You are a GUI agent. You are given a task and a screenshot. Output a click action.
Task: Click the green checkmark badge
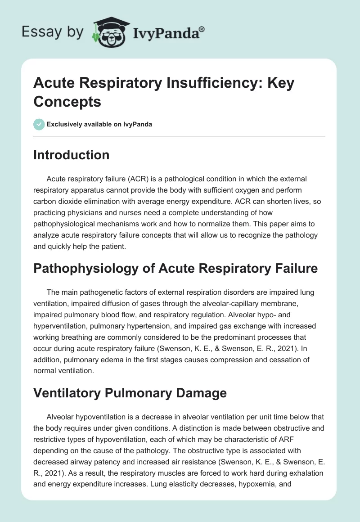click(39, 124)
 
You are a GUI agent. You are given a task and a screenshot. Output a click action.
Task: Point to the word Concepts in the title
click(67, 101)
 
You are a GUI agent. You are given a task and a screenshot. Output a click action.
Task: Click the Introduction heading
click(72, 155)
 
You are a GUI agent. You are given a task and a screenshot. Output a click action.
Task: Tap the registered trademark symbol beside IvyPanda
click(202, 29)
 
